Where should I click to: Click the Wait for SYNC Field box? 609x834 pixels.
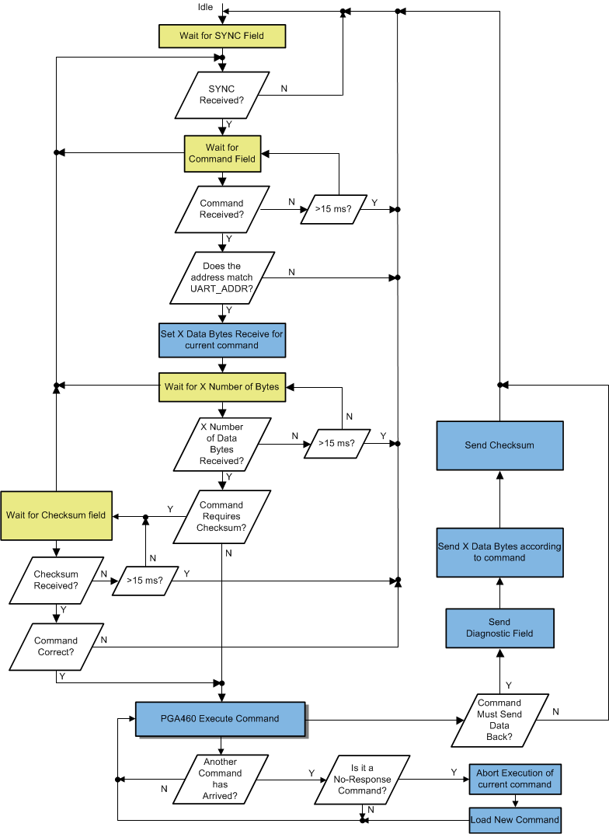(x=221, y=37)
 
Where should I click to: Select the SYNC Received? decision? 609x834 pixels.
(x=222, y=95)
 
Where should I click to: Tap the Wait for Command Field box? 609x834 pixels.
(x=222, y=153)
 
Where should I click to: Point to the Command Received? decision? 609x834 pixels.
(x=222, y=209)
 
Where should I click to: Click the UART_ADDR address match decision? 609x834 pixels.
(x=222, y=277)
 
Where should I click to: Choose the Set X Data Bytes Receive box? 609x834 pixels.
(x=222, y=340)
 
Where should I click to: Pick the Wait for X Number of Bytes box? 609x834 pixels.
(x=222, y=386)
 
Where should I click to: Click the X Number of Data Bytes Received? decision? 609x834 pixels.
(x=222, y=444)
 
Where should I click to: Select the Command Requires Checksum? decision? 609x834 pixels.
(x=222, y=516)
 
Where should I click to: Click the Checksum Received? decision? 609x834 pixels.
(x=56, y=580)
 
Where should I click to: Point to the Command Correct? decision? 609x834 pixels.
(x=56, y=647)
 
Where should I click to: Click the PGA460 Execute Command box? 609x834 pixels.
(x=220, y=719)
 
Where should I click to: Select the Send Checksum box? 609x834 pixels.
(x=499, y=445)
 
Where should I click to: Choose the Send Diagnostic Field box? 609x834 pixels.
(x=499, y=628)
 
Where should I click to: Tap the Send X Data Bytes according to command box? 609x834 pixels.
(x=499, y=553)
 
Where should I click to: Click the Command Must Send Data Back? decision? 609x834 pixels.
(x=499, y=720)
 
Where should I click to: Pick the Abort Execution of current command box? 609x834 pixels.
(x=515, y=779)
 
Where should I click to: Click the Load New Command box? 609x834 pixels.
(x=515, y=820)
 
